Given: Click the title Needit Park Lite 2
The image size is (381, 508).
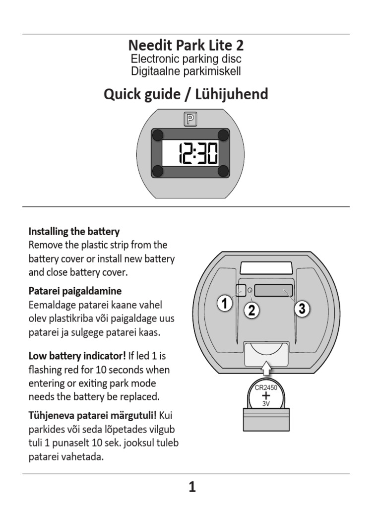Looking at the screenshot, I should coord(186,46).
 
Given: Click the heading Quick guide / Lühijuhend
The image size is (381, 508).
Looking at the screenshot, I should coord(186,94).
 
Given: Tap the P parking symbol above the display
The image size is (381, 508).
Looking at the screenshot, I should coord(190,119).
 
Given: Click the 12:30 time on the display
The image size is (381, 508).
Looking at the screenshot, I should coord(197,153).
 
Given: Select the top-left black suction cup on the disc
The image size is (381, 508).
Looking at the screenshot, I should coord(157,135).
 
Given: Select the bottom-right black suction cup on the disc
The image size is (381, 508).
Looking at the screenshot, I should coord(223,171).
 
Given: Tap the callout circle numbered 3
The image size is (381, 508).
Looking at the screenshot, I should coord(302,309).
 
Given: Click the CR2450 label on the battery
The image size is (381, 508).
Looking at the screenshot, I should coord(266,388).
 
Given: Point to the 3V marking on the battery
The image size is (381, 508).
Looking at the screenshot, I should coord(266,404).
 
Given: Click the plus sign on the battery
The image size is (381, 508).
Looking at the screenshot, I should coord(266,396).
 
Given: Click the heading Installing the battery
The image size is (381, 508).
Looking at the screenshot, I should coord(74,231).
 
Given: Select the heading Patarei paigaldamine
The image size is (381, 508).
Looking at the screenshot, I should coord(75,290).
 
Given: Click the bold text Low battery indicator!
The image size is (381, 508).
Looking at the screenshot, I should coord(77,356).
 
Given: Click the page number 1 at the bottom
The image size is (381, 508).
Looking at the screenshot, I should coord(192,488).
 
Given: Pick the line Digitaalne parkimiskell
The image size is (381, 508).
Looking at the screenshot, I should coord(186,71).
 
